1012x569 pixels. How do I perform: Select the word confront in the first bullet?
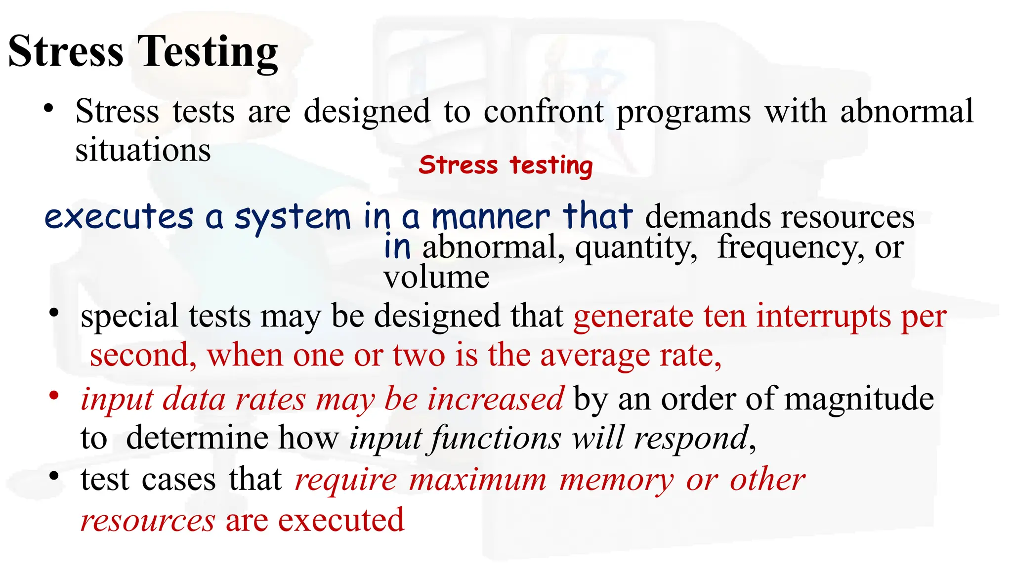coord(543,111)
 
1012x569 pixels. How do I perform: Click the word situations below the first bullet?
coord(143,150)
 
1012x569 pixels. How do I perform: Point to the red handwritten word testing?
coord(551,165)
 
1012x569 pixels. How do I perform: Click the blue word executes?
coord(119,217)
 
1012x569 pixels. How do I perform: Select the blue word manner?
coord(490,217)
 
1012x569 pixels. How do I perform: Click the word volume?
coord(436,277)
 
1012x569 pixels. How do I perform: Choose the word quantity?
coord(636,247)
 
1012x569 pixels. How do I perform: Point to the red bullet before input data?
coord(54,396)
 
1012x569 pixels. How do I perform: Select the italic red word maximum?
coord(478,480)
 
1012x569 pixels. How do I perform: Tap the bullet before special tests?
coord(54,313)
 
